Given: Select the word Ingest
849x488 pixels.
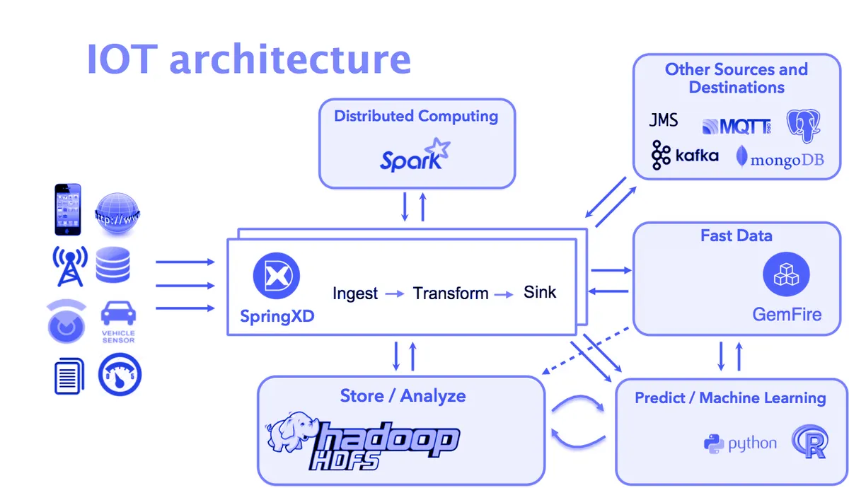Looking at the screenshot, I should pyautogui.click(x=355, y=294).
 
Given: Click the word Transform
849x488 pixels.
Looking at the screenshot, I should pyautogui.click(x=451, y=294).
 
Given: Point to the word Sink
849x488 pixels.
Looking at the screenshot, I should pyautogui.click(x=540, y=292).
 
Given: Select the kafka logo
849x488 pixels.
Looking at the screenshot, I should pyautogui.click(x=685, y=156).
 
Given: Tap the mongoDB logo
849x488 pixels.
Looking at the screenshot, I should pyautogui.click(x=780, y=157).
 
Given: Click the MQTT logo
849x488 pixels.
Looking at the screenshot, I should pyautogui.click(x=736, y=127).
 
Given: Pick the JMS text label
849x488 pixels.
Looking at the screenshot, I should pyautogui.click(x=663, y=120).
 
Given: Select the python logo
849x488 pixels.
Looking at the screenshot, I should pyautogui.click(x=740, y=443).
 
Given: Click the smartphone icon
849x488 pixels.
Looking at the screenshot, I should pyautogui.click(x=68, y=209).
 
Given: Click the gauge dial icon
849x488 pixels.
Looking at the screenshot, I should pyautogui.click(x=120, y=374).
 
